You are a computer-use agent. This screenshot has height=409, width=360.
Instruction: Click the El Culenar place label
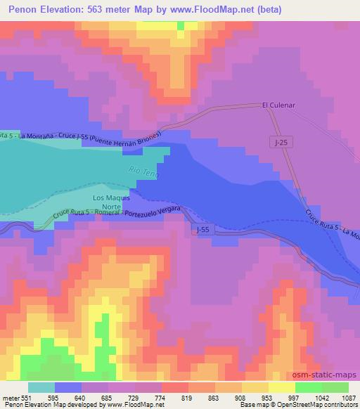click(x=276, y=106)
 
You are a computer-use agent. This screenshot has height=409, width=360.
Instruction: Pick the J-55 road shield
click(x=202, y=229)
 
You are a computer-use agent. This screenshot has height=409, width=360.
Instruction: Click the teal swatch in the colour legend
click(x=41, y=387)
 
